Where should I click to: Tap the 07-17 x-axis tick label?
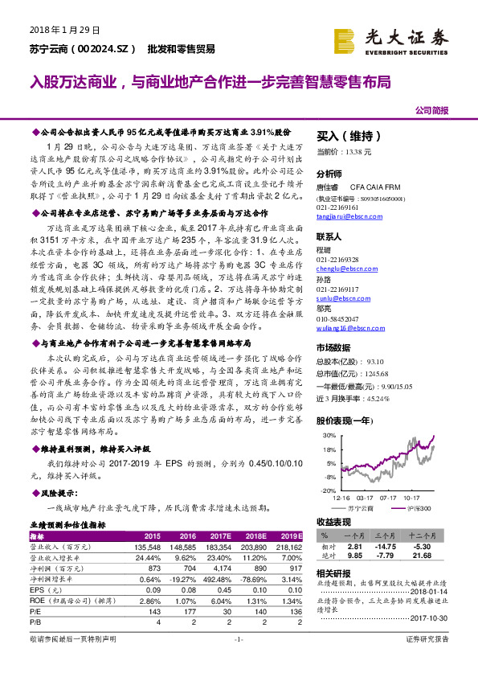pyautogui.click(x=390, y=499)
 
